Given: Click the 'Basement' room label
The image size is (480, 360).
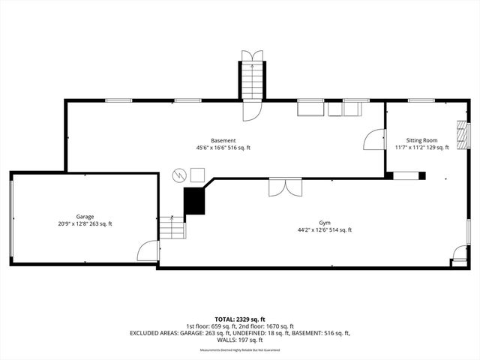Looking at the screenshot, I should click(223, 140).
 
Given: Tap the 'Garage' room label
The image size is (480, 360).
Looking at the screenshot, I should click(85, 216).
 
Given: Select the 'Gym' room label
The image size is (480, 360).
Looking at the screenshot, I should click(325, 223).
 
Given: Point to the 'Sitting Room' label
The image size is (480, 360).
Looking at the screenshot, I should click(421, 140).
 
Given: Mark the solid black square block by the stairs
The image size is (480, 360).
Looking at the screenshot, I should click(194, 201).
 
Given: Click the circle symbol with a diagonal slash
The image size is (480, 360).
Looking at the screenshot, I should click(179, 175).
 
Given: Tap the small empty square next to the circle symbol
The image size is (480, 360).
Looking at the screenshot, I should click(196, 174).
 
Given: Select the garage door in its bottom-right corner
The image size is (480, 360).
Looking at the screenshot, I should click(149, 251).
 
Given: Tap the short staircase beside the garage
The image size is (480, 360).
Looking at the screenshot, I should click(172, 227).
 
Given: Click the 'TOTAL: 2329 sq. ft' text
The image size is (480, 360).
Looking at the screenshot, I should click(240, 319).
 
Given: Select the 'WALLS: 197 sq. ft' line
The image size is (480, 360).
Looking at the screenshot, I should click(240, 339).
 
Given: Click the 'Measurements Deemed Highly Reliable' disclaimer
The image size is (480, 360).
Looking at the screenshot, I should click(240, 350).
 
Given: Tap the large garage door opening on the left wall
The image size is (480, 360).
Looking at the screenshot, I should click(10, 217).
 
